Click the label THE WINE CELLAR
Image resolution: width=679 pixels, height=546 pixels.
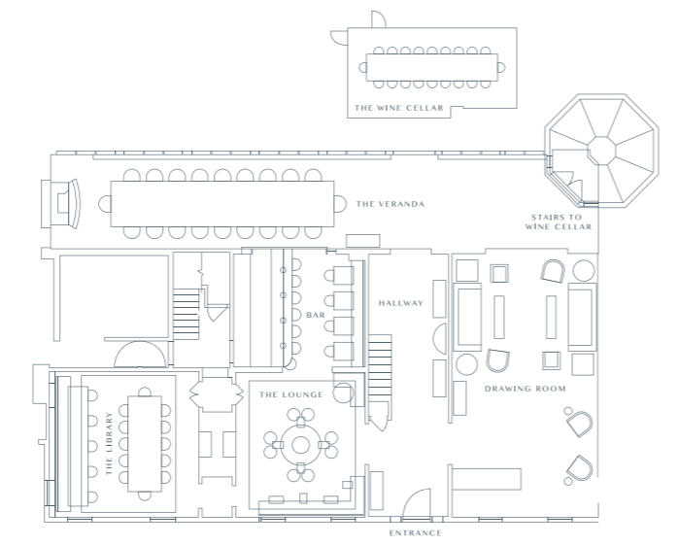[x=399, y=108]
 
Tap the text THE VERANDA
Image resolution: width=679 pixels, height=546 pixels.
[x=390, y=204]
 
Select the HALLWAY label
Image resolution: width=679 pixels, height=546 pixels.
[x=401, y=303]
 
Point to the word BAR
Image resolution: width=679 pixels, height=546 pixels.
[x=316, y=315]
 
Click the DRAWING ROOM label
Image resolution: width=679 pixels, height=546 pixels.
[x=526, y=389]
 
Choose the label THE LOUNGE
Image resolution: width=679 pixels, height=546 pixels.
[x=291, y=394]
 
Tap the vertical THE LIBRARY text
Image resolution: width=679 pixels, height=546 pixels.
[x=109, y=443]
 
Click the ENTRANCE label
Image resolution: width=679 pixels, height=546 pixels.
[x=416, y=533]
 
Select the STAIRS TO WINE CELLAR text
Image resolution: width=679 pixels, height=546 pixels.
[x=559, y=222]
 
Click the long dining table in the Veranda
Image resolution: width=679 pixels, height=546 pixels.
[x=222, y=204]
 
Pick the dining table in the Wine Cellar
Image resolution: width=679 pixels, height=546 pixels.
[x=431, y=68]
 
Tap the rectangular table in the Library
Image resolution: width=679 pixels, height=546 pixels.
[x=145, y=444]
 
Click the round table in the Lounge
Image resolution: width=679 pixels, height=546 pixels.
[x=300, y=445]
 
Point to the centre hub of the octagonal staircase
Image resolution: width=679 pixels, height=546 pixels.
[x=602, y=151]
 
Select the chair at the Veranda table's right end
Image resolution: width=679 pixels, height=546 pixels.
[x=341, y=204]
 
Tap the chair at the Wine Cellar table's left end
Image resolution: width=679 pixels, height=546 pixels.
[x=363, y=68]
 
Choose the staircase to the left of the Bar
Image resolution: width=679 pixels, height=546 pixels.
[x=187, y=315]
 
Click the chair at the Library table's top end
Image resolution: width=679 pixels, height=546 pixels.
[x=145, y=392]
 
